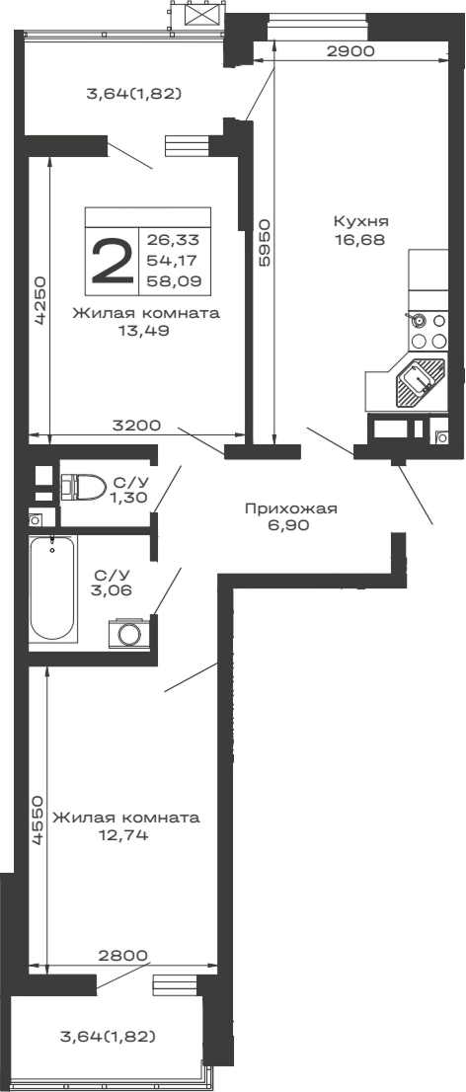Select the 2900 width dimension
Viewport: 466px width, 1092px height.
tap(349, 52)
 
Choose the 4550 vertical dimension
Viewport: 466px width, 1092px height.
tap(37, 819)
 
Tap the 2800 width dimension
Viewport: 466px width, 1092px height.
tap(122, 955)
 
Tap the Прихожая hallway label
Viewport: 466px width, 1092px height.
tap(291, 508)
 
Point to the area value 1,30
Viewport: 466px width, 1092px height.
tap(129, 498)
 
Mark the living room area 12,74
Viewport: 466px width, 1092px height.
tap(125, 835)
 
